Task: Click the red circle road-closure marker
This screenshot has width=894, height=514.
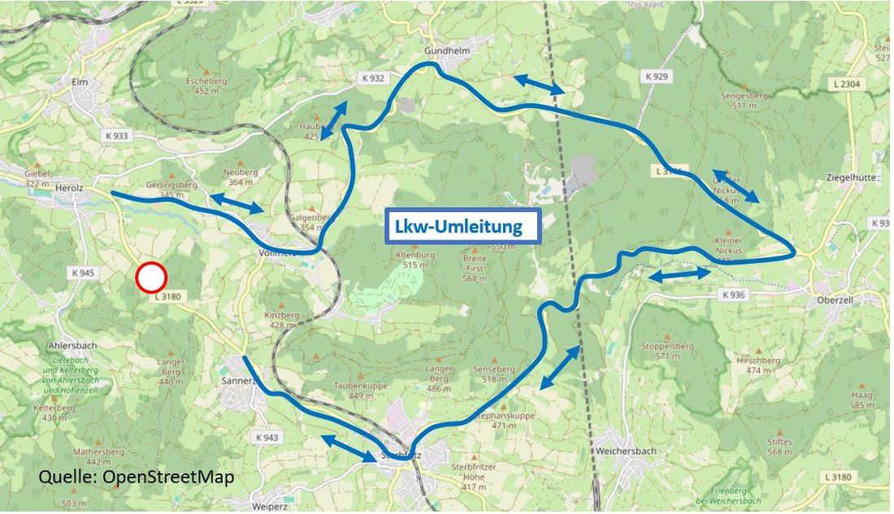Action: pyautogui.click(x=151, y=278)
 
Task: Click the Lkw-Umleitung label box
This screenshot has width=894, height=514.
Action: pyautogui.click(x=463, y=227)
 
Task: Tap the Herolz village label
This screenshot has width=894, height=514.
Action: pyautogui.click(x=71, y=188)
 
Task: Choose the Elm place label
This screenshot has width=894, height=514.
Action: pyautogui.click(x=79, y=81)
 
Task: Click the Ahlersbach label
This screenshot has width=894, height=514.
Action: pyautogui.click(x=72, y=345)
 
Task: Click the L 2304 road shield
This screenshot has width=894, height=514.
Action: pyautogui.click(x=847, y=84)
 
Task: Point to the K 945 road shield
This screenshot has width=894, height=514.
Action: pyautogui.click(x=84, y=273)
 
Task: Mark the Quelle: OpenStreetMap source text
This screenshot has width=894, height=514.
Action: pyautogui.click(x=136, y=477)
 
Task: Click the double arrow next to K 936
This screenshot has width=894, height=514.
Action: pyautogui.click(x=679, y=275)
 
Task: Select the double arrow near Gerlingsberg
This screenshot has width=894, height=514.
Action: pyautogui.click(x=237, y=203)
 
